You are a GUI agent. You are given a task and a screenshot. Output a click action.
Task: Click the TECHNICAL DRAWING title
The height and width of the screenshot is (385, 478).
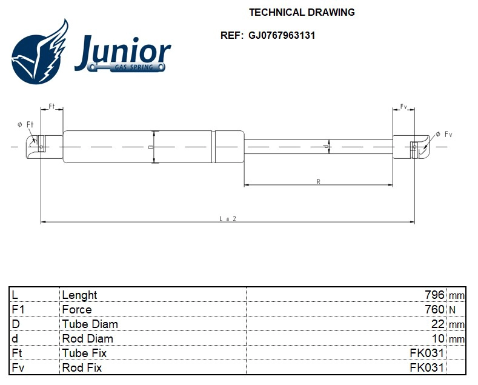(x=302, y=12)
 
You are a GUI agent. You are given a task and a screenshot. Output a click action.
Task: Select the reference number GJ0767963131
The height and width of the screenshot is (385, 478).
(x=281, y=35)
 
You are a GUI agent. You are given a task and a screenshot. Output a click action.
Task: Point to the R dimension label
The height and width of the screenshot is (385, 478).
(x=318, y=181)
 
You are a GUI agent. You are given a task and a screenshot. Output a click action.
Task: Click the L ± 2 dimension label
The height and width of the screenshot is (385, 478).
(x=227, y=219)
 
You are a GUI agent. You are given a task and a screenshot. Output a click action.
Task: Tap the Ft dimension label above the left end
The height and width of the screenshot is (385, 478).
(x=51, y=107)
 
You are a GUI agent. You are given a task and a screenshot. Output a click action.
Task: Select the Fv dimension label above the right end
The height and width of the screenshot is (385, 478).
(x=403, y=107)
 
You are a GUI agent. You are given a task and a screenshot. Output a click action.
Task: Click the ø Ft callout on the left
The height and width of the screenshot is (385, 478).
(x=25, y=124)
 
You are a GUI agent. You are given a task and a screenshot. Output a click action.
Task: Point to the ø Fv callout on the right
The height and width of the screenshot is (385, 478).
(x=443, y=133)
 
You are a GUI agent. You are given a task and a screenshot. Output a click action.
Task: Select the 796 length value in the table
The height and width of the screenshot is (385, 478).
(x=434, y=295)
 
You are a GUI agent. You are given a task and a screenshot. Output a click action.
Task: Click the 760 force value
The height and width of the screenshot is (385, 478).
(x=434, y=310)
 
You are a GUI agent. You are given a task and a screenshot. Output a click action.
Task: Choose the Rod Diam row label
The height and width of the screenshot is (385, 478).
(x=87, y=339)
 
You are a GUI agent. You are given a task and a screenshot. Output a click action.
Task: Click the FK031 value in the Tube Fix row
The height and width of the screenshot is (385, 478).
(x=427, y=353)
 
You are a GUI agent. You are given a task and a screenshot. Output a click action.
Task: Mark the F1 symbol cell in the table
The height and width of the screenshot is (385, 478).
(x=18, y=310)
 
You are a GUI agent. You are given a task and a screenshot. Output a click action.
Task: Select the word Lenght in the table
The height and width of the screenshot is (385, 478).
(x=79, y=295)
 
